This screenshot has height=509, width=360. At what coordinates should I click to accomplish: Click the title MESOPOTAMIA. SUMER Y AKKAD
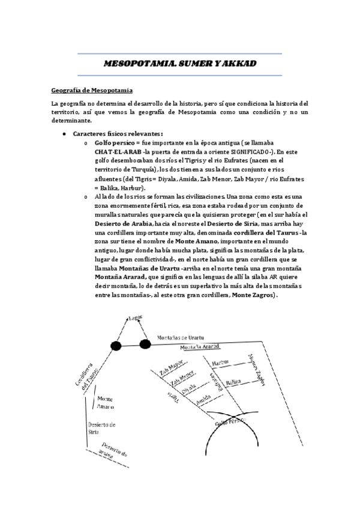181,63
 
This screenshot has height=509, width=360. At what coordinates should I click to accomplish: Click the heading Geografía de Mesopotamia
91,91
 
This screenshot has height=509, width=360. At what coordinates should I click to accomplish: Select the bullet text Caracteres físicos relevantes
117,133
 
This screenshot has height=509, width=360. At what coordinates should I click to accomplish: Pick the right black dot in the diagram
145,344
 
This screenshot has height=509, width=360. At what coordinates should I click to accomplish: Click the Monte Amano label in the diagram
104,402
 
